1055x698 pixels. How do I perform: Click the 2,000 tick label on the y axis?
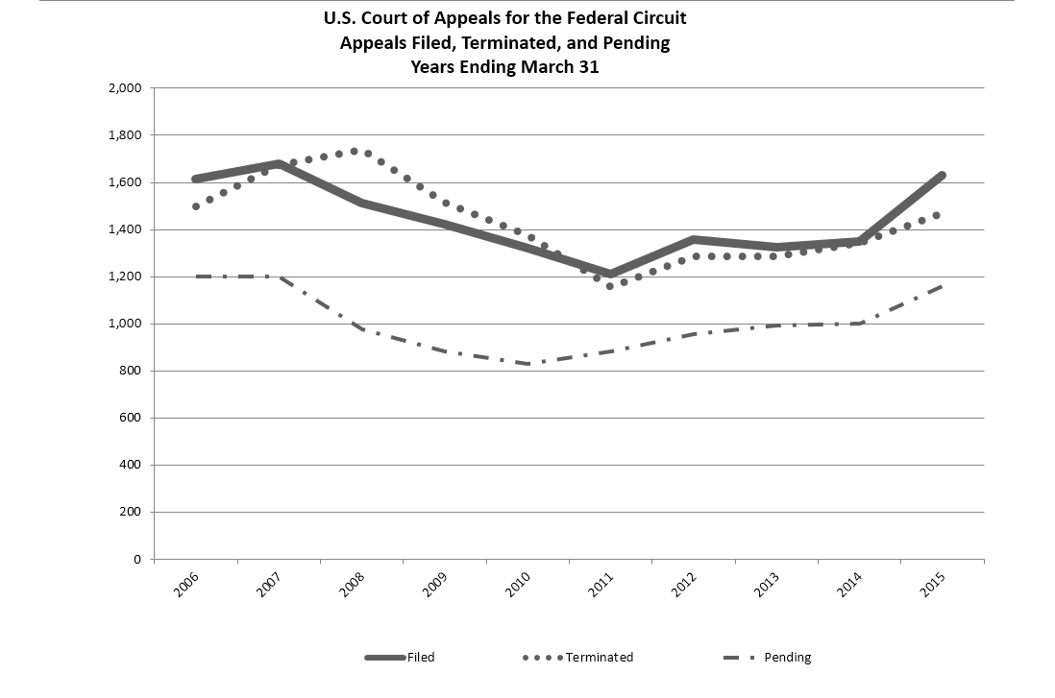[126, 88]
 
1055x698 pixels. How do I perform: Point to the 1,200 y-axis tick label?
[126, 277]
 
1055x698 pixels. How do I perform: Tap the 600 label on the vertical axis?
[132, 418]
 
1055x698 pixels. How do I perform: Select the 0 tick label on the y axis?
[137, 559]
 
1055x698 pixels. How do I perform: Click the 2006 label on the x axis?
[187, 585]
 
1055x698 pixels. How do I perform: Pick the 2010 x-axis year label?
[519, 585]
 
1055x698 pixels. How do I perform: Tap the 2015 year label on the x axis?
[932, 585]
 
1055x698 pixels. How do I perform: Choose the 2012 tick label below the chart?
[684, 585]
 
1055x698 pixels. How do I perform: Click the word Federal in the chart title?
[601, 18]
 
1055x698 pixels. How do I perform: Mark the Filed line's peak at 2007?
[278, 164]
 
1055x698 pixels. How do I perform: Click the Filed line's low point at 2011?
[610, 274]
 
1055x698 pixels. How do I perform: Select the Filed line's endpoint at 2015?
[943, 176]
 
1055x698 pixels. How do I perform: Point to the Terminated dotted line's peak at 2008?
[355, 151]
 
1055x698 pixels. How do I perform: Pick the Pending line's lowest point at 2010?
[528, 364]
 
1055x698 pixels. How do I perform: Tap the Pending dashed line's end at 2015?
[943, 285]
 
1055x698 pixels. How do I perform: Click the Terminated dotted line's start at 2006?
[195, 206]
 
